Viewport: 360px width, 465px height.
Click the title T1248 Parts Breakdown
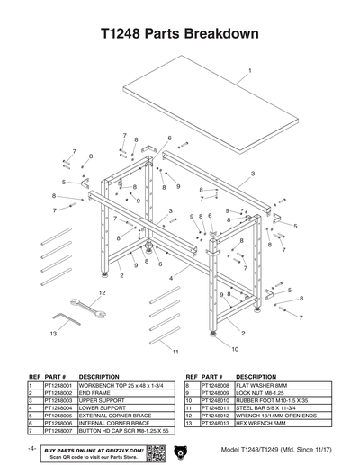180,33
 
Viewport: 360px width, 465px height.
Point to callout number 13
54,333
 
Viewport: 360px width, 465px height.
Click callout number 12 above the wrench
102,293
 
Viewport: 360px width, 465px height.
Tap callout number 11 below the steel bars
176,351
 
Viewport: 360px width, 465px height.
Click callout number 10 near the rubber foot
235,348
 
